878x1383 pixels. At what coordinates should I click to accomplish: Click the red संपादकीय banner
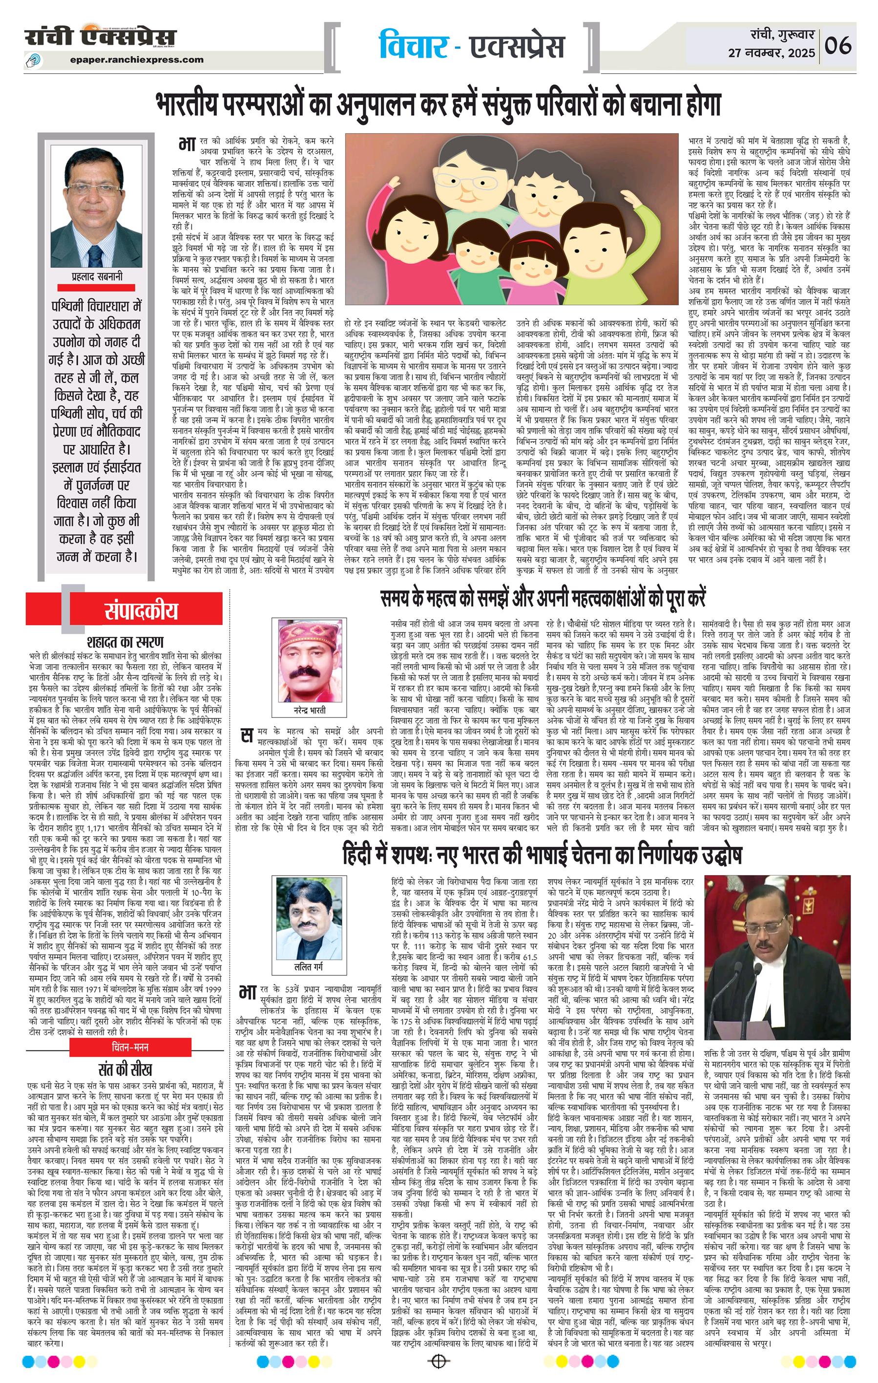[141, 610]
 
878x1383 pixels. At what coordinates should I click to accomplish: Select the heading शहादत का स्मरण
[125, 641]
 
